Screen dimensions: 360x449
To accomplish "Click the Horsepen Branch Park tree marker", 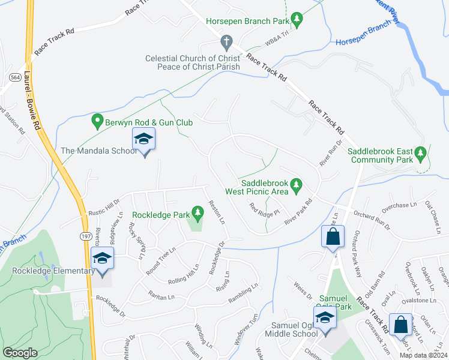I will [x=297, y=21].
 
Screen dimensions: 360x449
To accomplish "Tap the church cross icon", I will [x=226, y=43].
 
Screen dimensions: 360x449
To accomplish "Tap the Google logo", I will [x=20, y=353].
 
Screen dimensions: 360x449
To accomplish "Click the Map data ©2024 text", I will [x=423, y=355].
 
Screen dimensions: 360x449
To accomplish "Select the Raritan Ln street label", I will [x=163, y=297].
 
